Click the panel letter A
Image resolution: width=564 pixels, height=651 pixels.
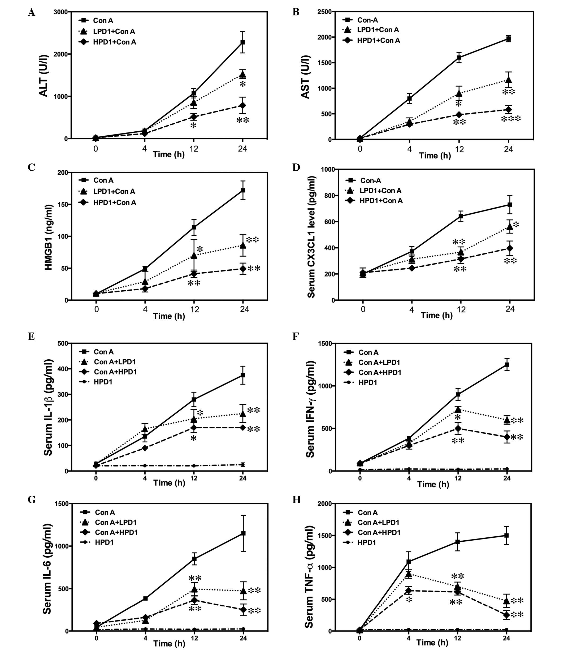(32, 12)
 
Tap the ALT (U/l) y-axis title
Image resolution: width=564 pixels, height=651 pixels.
(44, 76)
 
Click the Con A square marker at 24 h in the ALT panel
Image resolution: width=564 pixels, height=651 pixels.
(242, 42)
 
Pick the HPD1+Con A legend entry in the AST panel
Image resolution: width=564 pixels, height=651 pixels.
(378, 41)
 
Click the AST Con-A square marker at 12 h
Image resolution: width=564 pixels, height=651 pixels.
(459, 58)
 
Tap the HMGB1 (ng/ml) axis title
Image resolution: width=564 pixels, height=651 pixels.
(48, 237)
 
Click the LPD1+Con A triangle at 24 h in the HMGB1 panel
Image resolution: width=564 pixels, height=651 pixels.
(243, 245)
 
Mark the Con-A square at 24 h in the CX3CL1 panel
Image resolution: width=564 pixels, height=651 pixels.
(510, 205)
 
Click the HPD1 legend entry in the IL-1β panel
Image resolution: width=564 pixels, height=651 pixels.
(103, 382)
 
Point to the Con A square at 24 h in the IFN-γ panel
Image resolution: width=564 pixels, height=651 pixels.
(507, 365)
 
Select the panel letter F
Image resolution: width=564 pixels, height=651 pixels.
(296, 337)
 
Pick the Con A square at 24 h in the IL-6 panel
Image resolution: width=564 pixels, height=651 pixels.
(243, 533)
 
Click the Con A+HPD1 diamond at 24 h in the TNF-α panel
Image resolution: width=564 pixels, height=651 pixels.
(506, 615)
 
